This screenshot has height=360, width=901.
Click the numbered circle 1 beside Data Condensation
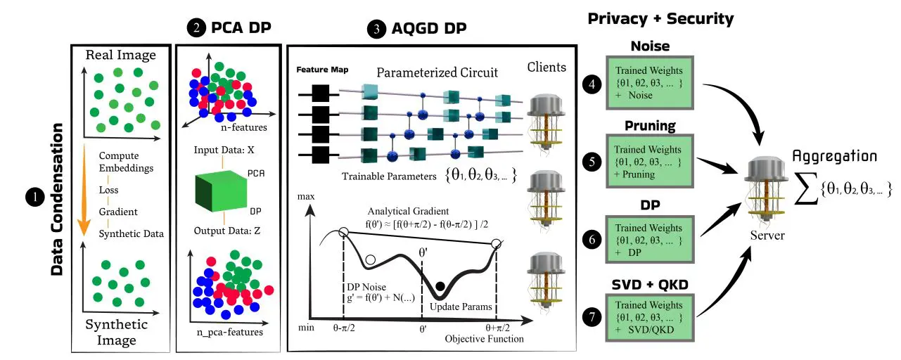34,198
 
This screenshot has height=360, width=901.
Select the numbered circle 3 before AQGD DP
377,29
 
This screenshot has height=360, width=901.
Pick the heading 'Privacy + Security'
660,19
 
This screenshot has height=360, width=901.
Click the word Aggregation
834,155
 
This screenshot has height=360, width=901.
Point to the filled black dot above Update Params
440,285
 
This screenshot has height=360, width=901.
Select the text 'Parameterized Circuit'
437,72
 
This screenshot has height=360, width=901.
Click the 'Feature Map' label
321,70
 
